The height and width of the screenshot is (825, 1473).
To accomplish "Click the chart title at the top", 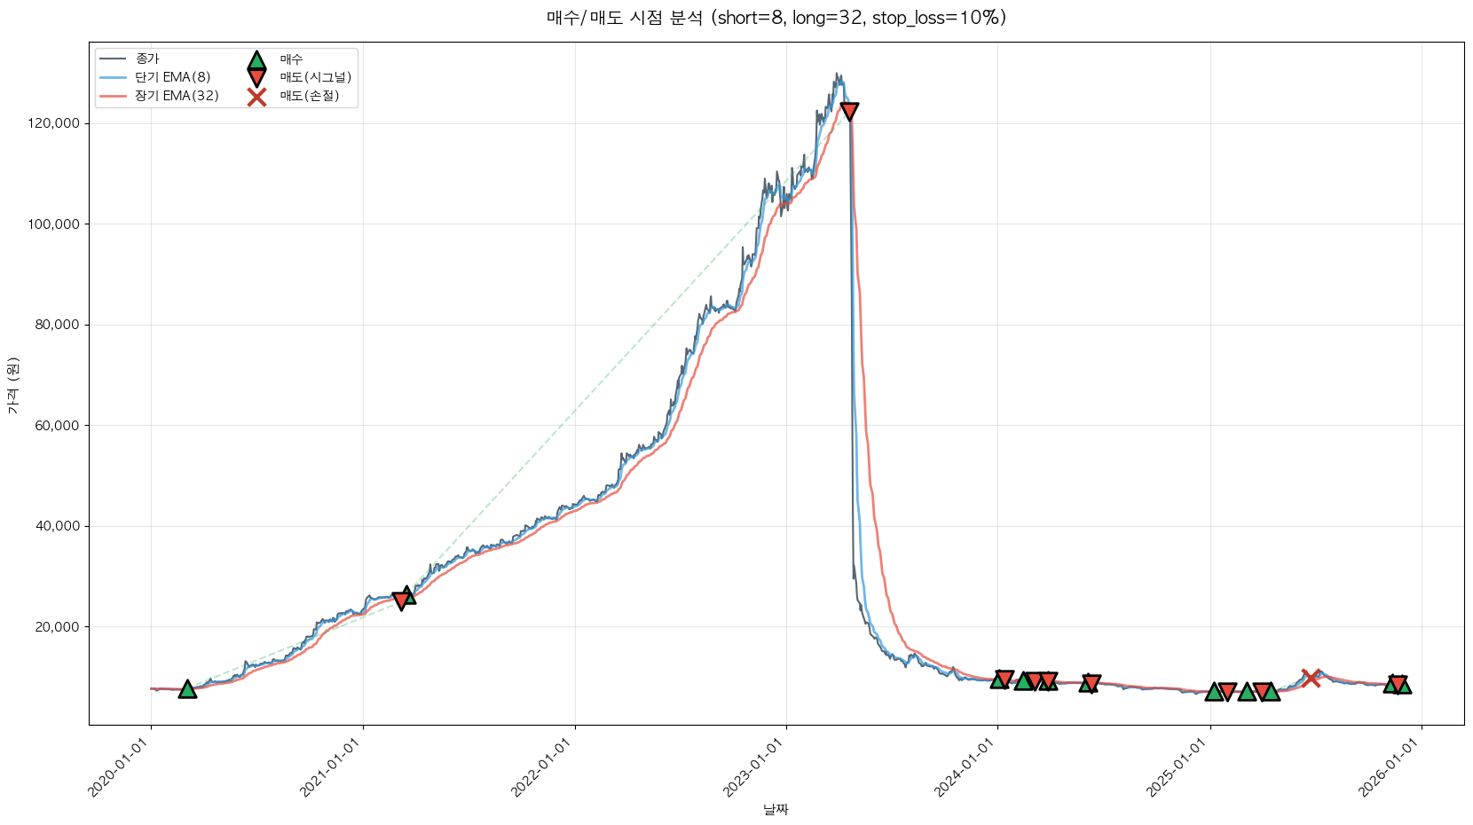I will click(776, 18).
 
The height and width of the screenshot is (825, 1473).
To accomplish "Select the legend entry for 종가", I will click(147, 59).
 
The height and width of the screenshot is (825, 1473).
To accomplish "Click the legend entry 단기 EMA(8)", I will click(172, 77).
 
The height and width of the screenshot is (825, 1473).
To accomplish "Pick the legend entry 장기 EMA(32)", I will click(177, 96).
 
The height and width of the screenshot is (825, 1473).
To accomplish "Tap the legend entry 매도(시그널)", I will click(315, 77).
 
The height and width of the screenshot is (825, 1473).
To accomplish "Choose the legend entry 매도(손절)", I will click(309, 96).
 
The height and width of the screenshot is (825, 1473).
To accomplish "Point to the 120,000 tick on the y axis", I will click(54, 123).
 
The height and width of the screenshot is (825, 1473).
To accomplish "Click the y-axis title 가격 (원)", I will click(12, 385).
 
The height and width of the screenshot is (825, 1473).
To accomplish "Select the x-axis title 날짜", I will click(776, 809).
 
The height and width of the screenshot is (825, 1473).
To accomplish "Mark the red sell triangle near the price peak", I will click(849, 111).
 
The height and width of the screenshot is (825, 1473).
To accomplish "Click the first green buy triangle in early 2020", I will click(187, 689).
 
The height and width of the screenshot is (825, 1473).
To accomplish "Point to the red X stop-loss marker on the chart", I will click(1311, 678).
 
